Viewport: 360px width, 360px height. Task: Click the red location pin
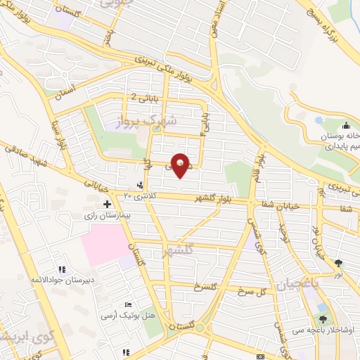(x=181, y=165)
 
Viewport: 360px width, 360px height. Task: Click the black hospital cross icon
(x=107, y=205)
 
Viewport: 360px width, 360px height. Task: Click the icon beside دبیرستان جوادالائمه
(x=61, y=269)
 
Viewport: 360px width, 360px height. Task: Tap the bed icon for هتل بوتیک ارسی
(x=127, y=304)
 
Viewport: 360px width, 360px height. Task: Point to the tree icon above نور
(x=340, y=262)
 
